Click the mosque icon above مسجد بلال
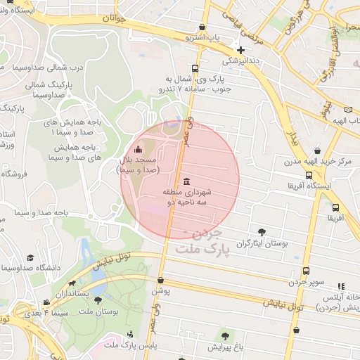pos(137,149)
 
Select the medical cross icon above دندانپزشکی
pos(241,50)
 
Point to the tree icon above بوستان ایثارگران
pos(262,231)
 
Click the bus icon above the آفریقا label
pos(335,207)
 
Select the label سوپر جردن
pos(306,282)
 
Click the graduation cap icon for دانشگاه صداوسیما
pos(30,258)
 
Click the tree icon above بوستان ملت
pos(98,300)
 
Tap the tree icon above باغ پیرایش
pos(225,336)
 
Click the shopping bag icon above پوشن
pos(160,279)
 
